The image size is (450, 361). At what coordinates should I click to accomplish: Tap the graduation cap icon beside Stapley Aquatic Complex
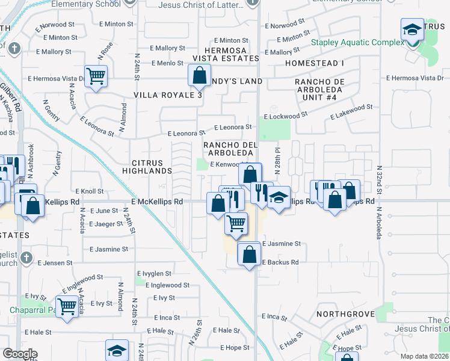[x=413, y=29]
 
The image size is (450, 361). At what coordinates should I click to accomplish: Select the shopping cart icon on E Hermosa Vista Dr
[x=96, y=76]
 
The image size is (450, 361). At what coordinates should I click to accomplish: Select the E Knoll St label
[x=87, y=191]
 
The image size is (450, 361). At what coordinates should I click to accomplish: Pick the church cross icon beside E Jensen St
[x=25, y=258]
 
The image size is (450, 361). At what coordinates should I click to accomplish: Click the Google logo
[x=20, y=354]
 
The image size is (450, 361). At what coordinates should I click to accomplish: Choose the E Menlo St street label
[x=167, y=63]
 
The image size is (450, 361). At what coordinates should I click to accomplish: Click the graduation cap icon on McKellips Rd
[x=279, y=198]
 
